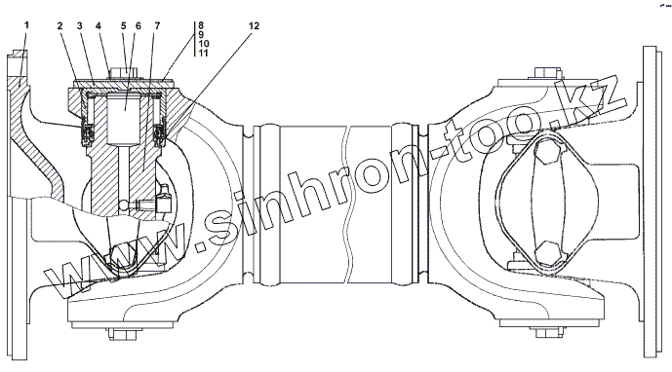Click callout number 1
pyautogui.click(x=26, y=25)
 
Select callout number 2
pyautogui.click(x=59, y=25)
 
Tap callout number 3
pyautogui.click(x=79, y=25)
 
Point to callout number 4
pyautogui.click(x=99, y=25)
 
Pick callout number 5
pyautogui.click(x=124, y=25)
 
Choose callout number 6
pyautogui.click(x=138, y=25)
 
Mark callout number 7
pyautogui.click(x=157, y=25)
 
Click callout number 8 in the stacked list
pyautogui.click(x=202, y=25)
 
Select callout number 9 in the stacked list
pyautogui.click(x=202, y=34)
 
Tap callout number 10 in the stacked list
pyautogui.click(x=204, y=43)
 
